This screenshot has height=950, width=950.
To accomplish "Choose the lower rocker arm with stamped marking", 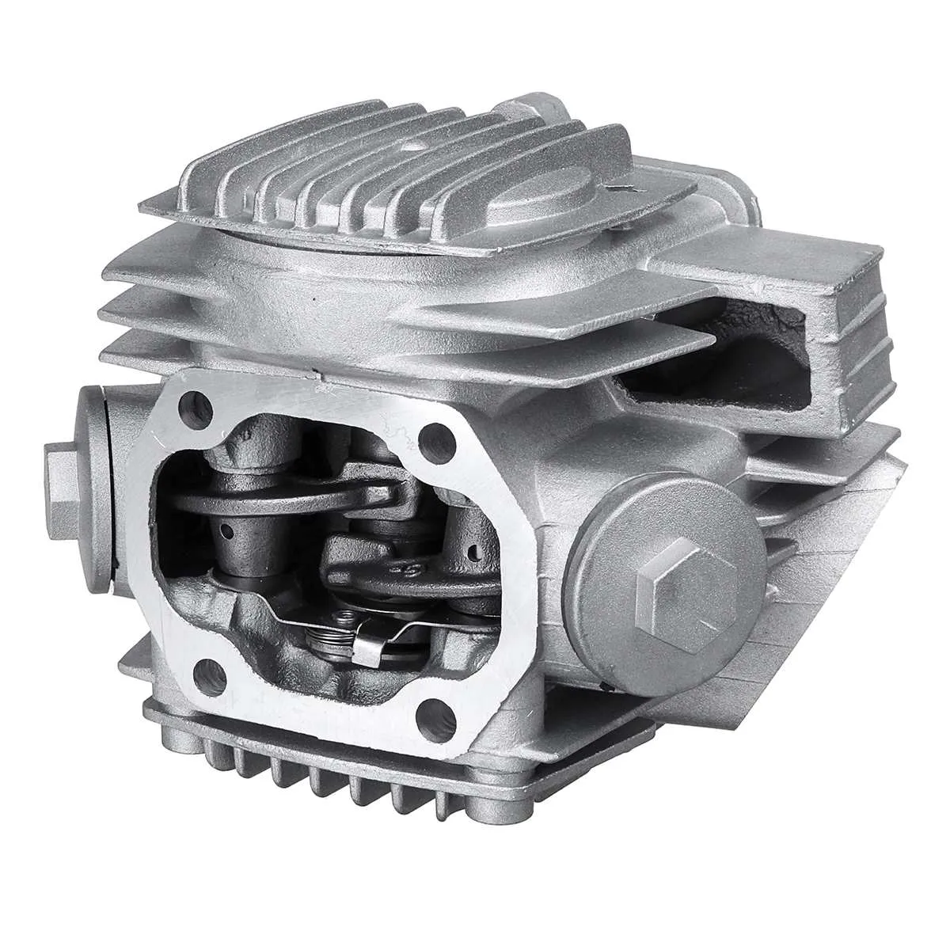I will coord(396,554).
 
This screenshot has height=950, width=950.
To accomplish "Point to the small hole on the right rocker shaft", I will coord(473,546).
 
